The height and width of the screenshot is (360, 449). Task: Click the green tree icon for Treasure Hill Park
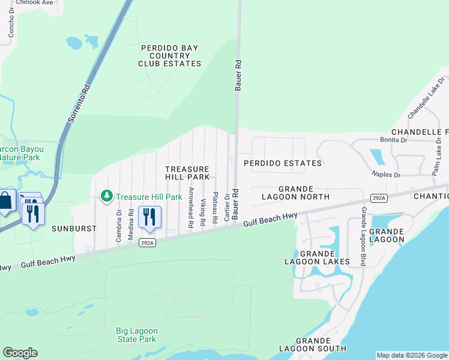point(107,196)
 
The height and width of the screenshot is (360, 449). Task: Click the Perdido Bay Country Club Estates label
point(170,55)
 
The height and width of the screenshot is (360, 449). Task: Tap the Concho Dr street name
point(10,23)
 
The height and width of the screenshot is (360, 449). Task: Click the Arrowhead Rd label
point(191,207)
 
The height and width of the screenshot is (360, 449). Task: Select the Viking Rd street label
point(203,212)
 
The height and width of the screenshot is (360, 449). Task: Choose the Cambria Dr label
point(118,226)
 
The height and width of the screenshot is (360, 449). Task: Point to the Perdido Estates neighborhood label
point(282,163)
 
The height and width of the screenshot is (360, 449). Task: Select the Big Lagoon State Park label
point(137,335)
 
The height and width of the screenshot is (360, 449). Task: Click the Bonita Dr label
point(394,140)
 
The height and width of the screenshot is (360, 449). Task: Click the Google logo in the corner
point(20,353)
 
